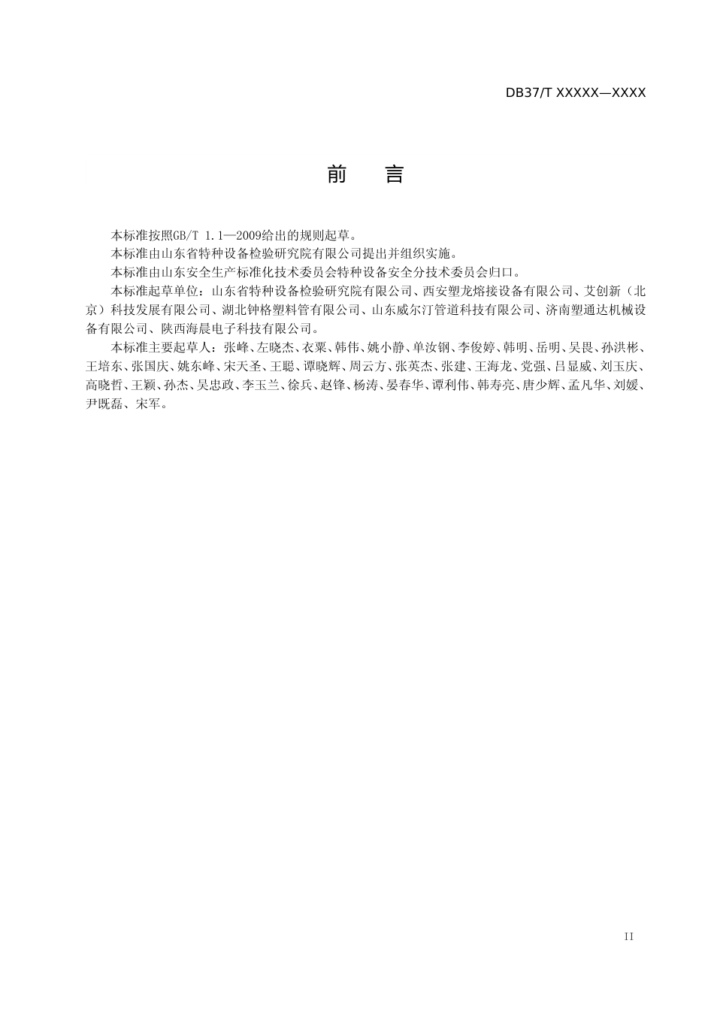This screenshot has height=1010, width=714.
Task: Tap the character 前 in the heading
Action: click(337, 175)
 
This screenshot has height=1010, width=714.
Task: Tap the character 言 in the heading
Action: click(395, 175)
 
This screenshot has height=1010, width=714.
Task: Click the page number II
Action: click(629, 936)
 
